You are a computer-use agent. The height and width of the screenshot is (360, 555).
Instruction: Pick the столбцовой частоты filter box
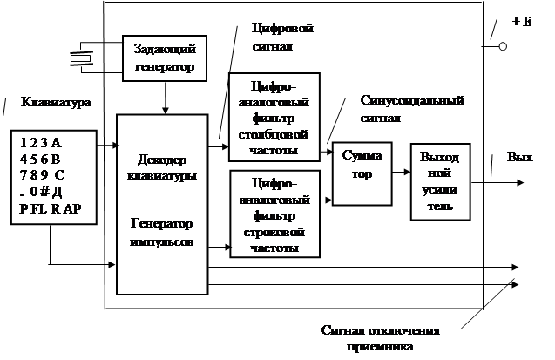[x=274, y=117]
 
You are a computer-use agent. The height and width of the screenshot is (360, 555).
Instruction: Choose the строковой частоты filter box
[x=274, y=214]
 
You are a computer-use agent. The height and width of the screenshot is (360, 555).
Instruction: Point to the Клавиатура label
[x=51, y=102]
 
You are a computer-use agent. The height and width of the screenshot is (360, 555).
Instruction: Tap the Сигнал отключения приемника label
[x=380, y=339]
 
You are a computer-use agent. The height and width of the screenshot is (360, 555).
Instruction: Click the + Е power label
[x=522, y=20]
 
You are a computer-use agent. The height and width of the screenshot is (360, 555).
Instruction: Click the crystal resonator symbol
[x=81, y=58]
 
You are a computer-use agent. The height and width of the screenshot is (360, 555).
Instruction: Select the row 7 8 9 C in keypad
[x=43, y=173]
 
